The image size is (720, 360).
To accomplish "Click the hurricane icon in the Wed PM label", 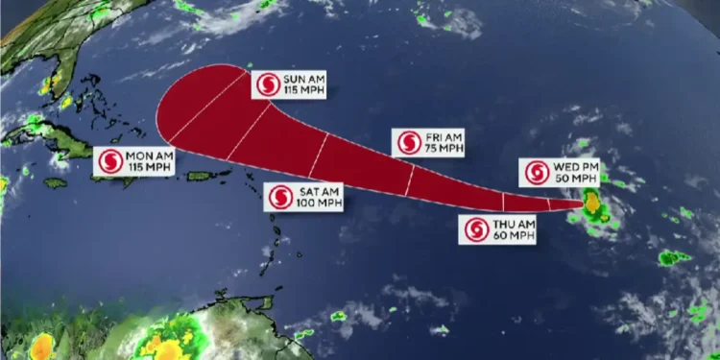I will [536, 173].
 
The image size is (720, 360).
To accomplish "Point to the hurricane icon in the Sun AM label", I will [266, 84].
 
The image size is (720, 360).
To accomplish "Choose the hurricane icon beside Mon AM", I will [109, 160].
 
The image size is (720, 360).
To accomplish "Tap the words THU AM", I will [507, 225].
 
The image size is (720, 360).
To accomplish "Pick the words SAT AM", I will [315, 191].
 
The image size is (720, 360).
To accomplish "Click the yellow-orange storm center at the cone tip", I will [593, 204].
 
